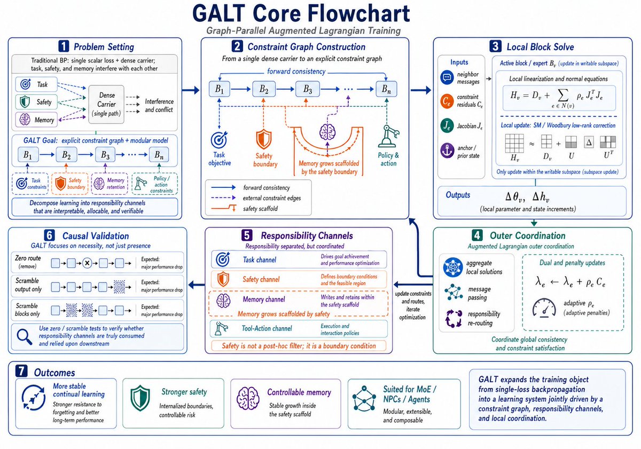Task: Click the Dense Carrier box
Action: pyautogui.click(x=106, y=105)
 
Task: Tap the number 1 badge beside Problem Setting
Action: pyautogui.click(x=64, y=46)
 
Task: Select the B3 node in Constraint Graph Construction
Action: pyautogui.click(x=307, y=89)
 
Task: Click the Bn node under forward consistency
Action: pyautogui.click(x=386, y=89)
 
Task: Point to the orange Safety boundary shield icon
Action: pyautogui.click(x=263, y=139)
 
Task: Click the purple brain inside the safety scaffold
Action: pyautogui.click(x=327, y=132)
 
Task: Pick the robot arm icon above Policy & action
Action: pyautogui.click(x=388, y=136)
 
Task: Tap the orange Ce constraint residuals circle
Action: pyautogui.click(x=447, y=101)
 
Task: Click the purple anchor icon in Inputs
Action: pyautogui.click(x=447, y=151)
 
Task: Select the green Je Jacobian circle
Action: pyautogui.click(x=447, y=125)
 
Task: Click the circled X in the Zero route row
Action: pyautogui.click(x=87, y=263)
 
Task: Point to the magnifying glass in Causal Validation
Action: pyautogui.click(x=25, y=337)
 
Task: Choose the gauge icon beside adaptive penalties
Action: pyautogui.click(x=544, y=308)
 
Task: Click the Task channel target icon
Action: pyautogui.click(x=223, y=259)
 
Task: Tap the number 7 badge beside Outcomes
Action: pyautogui.click(x=21, y=371)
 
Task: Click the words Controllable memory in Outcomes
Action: pyautogui.click(x=299, y=392)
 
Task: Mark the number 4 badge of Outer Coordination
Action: pyautogui.click(x=477, y=235)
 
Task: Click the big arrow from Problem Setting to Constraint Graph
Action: pyautogui.click(x=191, y=90)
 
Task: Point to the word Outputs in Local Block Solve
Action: pyautogui.click(x=458, y=195)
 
